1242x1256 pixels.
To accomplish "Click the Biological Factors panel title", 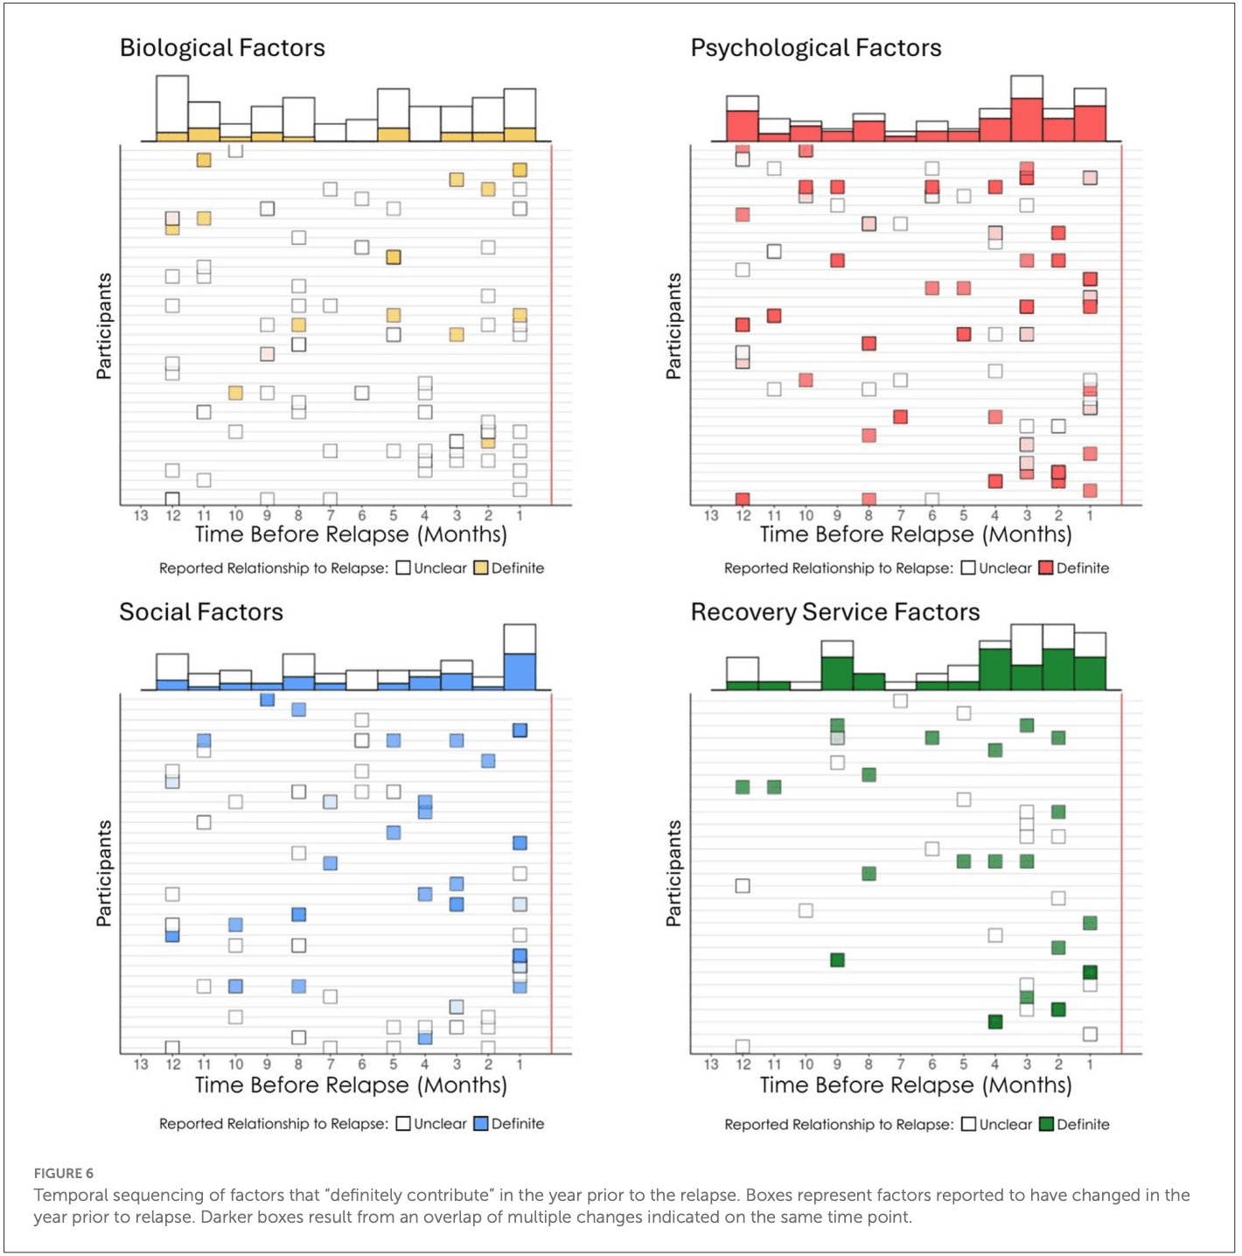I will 222,48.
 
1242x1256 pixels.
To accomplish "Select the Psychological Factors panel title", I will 815,48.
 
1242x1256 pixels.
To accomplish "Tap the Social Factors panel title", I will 201,612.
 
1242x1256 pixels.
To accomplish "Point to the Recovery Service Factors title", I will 834,612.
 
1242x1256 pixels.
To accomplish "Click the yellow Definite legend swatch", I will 480,569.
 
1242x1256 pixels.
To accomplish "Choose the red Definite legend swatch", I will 1045,569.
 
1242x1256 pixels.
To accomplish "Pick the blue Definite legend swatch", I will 480,1124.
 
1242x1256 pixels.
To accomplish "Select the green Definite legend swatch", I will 1045,1125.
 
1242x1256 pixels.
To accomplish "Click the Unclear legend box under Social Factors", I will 403,1124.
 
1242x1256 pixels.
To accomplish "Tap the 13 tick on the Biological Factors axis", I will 141,516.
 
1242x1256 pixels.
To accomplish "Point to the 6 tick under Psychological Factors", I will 931,516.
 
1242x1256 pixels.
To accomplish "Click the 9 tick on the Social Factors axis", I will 267,1064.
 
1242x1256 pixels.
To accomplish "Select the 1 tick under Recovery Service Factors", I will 1090,1064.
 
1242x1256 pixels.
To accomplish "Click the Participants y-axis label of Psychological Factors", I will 673,326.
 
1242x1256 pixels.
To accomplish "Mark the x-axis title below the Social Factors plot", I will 351,1085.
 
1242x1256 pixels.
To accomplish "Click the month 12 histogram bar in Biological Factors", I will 172,108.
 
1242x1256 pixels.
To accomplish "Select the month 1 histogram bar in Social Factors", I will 520,659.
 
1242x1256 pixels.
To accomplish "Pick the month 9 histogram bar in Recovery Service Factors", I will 837,666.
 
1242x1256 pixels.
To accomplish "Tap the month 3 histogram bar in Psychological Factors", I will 1027,110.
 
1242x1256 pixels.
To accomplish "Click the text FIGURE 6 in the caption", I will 64,1174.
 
